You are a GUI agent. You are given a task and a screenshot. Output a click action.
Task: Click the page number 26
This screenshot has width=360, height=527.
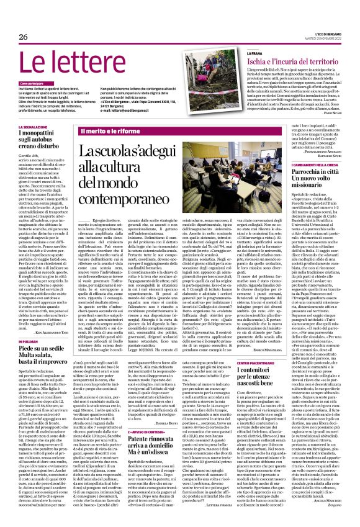click(23, 37)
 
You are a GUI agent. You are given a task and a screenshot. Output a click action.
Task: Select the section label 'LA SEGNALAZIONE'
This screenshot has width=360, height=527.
click(35, 127)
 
